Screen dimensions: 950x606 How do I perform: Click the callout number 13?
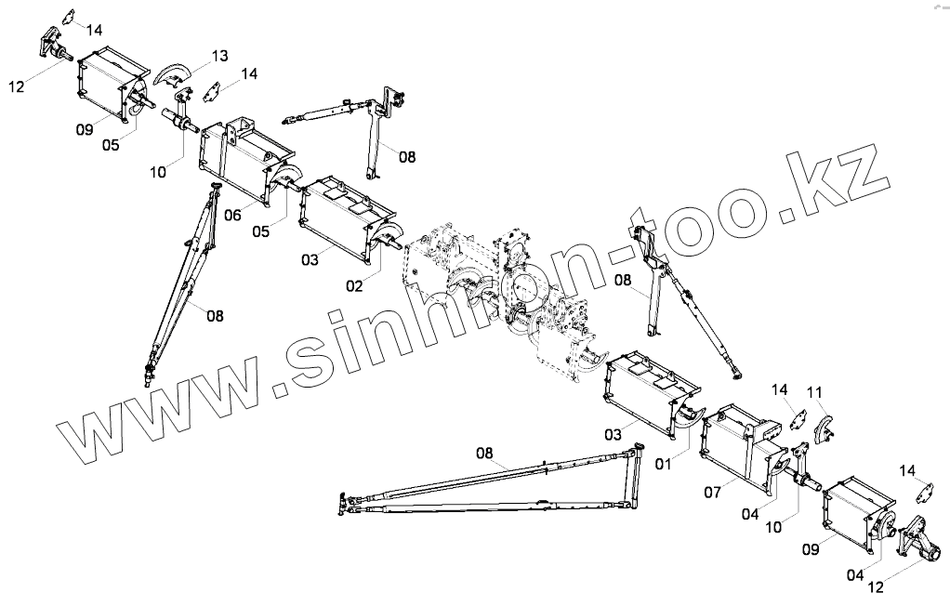click(x=219, y=57)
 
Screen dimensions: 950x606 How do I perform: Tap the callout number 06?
click(x=232, y=215)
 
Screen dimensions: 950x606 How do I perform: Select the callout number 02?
click(x=354, y=286)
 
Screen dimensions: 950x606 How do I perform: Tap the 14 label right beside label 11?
click(x=779, y=389)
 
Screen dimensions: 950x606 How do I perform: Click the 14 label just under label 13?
click(x=249, y=72)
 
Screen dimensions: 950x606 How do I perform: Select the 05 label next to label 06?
click(x=263, y=232)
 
